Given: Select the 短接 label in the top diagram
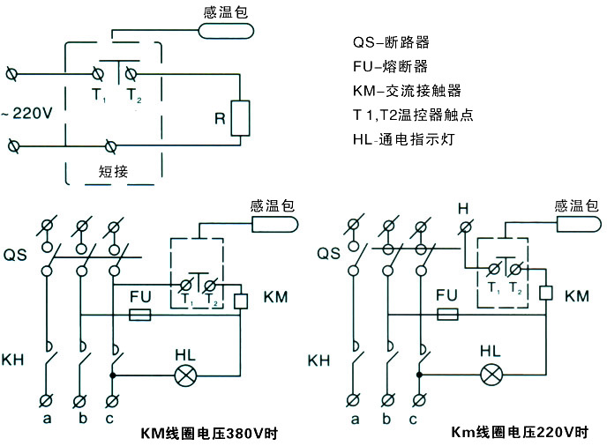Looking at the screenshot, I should click(x=113, y=172).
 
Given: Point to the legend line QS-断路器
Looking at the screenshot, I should click(x=392, y=42).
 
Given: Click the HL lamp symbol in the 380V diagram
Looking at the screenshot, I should click(x=185, y=375).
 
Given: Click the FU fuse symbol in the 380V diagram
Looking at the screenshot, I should click(x=139, y=314).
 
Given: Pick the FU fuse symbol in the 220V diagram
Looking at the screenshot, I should click(x=446, y=314).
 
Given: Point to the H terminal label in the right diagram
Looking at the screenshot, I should click(x=462, y=208).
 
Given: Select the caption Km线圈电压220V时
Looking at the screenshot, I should click(x=520, y=433).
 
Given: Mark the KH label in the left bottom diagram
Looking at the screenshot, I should click(x=15, y=361).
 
